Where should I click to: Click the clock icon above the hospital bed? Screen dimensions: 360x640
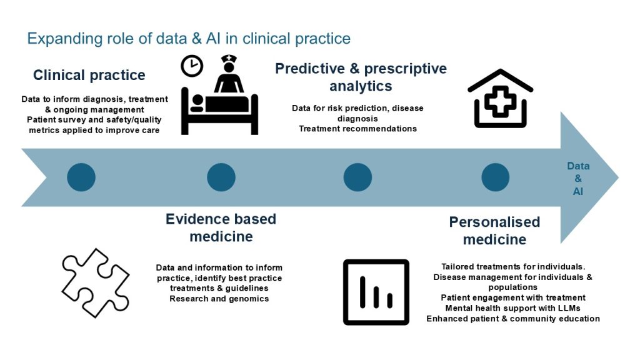pyautogui.click(x=191, y=65)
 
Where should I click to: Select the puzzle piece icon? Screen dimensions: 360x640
pyautogui.click(x=95, y=282)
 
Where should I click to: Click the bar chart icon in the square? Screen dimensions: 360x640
pyautogui.click(x=376, y=292)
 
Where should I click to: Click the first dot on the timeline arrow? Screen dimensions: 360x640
pyautogui.click(x=81, y=177)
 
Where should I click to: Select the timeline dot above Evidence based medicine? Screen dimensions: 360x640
pyautogui.click(x=221, y=177)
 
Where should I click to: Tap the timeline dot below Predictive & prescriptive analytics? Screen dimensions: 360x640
pyautogui.click(x=357, y=177)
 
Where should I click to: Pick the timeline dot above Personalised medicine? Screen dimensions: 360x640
pyautogui.click(x=495, y=177)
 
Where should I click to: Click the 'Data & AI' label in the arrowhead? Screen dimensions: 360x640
pyautogui.click(x=578, y=179)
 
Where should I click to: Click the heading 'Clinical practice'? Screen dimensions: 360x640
pyautogui.click(x=89, y=76)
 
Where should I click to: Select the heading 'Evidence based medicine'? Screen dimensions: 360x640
pyautogui.click(x=221, y=227)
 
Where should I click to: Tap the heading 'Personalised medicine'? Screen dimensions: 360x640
pyautogui.click(x=494, y=231)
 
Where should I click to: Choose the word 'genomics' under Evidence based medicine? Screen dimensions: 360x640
pyautogui.click(x=248, y=298)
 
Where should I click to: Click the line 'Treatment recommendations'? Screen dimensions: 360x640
pyautogui.click(x=357, y=129)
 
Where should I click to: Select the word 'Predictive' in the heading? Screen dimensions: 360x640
pyautogui.click(x=307, y=68)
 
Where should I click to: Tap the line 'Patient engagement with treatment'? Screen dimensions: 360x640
pyautogui.click(x=512, y=297)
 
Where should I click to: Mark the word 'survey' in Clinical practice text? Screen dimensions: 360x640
pyautogui.click(x=77, y=119)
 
